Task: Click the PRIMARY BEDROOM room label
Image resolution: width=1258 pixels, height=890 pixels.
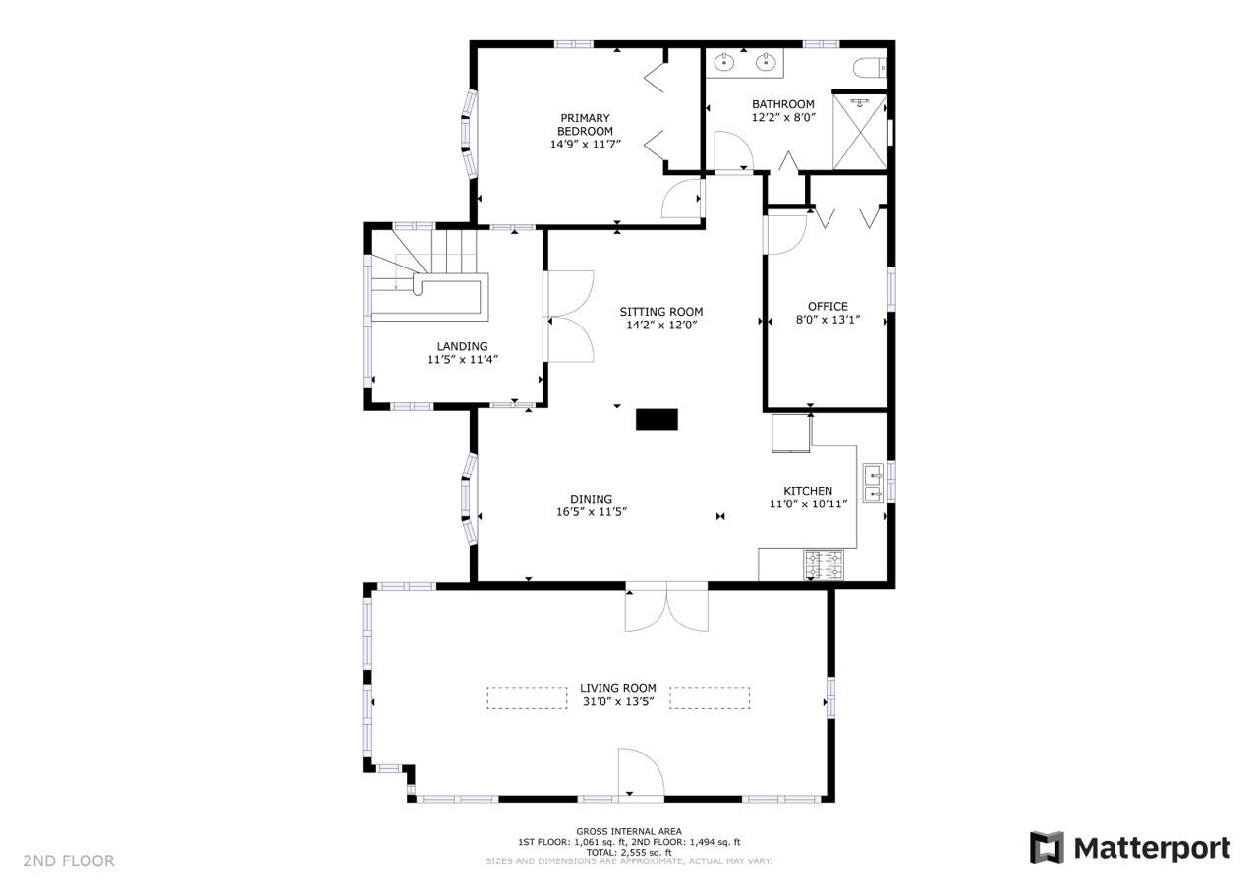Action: (585, 124)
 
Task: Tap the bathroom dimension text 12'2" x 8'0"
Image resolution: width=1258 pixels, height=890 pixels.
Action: (783, 117)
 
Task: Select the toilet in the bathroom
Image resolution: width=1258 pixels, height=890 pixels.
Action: (870, 69)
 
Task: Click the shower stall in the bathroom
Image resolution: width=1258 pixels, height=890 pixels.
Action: (860, 132)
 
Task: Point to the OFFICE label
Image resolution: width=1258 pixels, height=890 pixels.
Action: (828, 306)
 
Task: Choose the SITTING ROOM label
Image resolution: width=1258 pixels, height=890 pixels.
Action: (661, 312)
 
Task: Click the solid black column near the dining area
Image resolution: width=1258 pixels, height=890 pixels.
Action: (657, 419)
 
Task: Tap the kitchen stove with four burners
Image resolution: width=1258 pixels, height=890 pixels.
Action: (824, 564)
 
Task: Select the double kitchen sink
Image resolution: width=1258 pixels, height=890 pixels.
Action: (873, 483)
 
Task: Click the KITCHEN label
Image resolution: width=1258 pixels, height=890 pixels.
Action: (808, 491)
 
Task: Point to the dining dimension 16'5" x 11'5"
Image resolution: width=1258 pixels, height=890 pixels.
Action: (592, 511)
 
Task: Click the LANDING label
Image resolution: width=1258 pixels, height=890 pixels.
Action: (462, 346)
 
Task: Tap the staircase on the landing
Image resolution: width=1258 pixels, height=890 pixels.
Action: (427, 275)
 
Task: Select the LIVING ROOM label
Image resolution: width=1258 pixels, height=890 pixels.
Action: (618, 688)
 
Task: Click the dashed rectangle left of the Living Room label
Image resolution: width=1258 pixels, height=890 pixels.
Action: (527, 698)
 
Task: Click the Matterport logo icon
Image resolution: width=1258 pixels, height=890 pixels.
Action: (1047, 848)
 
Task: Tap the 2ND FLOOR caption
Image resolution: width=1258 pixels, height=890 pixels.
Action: (69, 860)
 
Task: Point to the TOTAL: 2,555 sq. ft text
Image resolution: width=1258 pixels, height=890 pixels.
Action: (629, 852)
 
